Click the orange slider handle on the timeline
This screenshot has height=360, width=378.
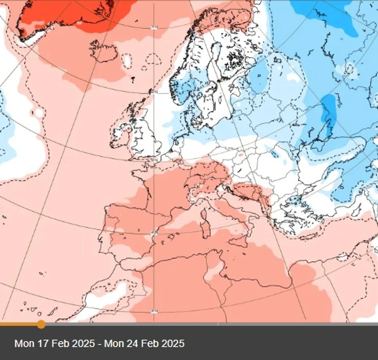click(x=41, y=324)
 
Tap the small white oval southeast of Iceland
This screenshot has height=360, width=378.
click(x=127, y=61)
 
